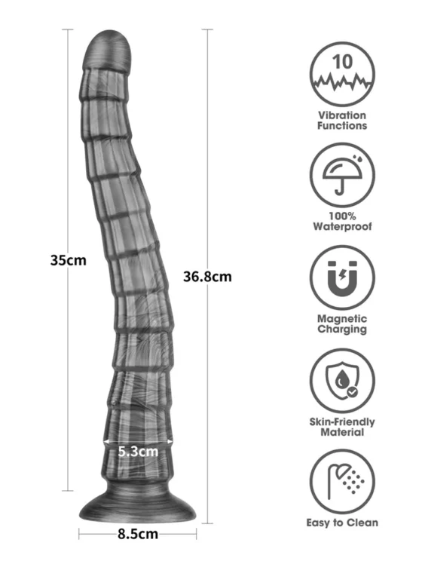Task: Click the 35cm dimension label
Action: (x=69, y=260)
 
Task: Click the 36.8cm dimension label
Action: (x=207, y=277)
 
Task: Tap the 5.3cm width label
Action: (x=138, y=452)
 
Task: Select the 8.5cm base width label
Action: (x=138, y=534)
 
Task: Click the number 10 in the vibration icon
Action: (x=342, y=62)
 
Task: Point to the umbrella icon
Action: (x=342, y=175)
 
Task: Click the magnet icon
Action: (x=342, y=278)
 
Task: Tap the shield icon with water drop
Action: (x=342, y=381)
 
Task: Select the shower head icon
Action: (x=345, y=481)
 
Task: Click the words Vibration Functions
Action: (x=342, y=121)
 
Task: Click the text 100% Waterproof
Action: (x=342, y=221)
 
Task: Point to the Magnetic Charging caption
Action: (x=342, y=324)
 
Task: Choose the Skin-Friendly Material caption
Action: (x=342, y=427)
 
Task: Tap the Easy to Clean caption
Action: (x=342, y=523)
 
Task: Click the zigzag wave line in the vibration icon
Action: (x=342, y=82)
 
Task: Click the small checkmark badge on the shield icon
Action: (x=353, y=393)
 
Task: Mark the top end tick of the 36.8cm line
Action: (x=207, y=29)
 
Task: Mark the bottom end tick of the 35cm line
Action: (x=68, y=491)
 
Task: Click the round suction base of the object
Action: (x=138, y=504)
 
